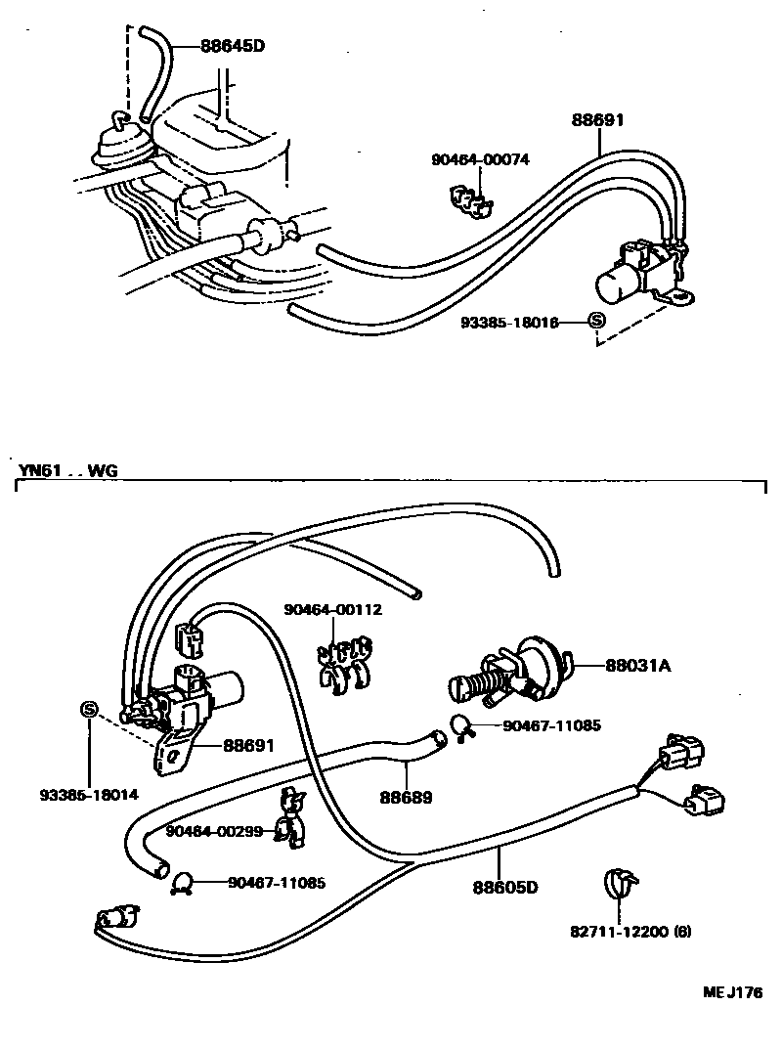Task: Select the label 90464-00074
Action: coord(480,159)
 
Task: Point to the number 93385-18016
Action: coord(509,322)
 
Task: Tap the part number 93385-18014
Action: coord(89,794)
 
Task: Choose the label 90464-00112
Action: coord(333,609)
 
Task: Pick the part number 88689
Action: coord(407,798)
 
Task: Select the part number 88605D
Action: coord(506,888)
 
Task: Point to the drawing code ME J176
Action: coord(732,993)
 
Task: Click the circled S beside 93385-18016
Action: coord(596,321)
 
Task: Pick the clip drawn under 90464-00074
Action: coord(468,199)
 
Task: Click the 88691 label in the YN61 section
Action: coord(248,746)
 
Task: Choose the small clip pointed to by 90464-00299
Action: coord(288,815)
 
